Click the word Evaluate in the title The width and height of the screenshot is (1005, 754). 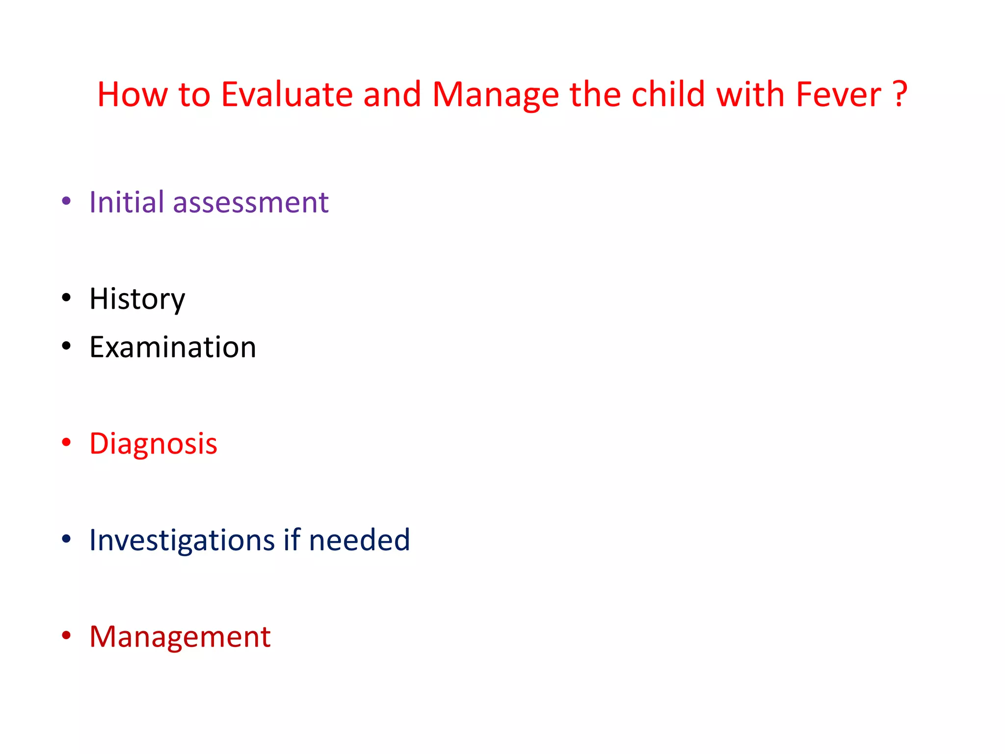click(287, 94)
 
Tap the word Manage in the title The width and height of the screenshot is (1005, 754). click(495, 94)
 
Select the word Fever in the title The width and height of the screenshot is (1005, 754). click(838, 94)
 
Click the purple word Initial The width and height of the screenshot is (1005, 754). click(126, 202)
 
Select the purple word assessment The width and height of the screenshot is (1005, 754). click(250, 203)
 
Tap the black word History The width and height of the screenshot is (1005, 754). click(137, 299)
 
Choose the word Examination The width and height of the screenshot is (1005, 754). click(172, 347)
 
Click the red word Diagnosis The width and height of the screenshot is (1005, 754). click(153, 444)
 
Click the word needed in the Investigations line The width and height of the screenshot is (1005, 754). click(359, 540)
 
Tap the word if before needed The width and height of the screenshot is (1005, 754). click(291, 539)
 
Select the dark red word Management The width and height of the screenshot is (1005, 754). click(180, 637)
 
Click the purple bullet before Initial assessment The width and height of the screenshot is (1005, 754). click(66, 201)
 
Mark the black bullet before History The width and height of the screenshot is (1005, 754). click(66, 298)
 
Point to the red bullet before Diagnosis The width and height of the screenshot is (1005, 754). click(66, 443)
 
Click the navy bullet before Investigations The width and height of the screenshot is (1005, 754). click(66, 539)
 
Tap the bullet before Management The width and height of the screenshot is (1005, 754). click(66, 636)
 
